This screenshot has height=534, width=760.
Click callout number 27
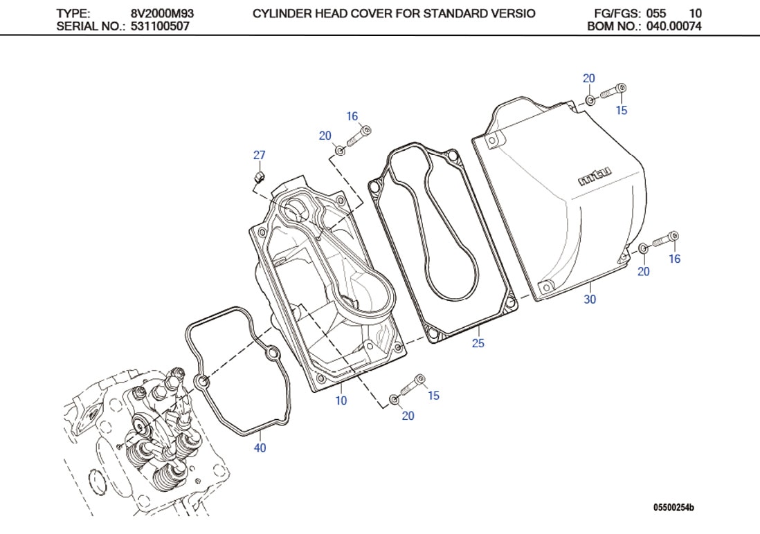click(259, 156)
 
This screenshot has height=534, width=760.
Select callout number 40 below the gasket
click(260, 448)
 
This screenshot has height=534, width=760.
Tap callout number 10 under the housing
click(341, 400)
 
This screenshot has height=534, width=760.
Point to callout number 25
click(478, 343)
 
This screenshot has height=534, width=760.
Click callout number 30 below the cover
click(590, 300)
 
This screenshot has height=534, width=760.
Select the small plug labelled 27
click(258, 178)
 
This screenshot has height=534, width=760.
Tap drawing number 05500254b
click(673, 508)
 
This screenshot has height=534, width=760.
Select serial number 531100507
click(161, 26)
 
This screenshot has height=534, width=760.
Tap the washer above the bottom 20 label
click(395, 399)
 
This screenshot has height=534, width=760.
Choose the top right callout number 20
click(588, 79)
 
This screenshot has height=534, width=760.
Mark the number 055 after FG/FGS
click(655, 13)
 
